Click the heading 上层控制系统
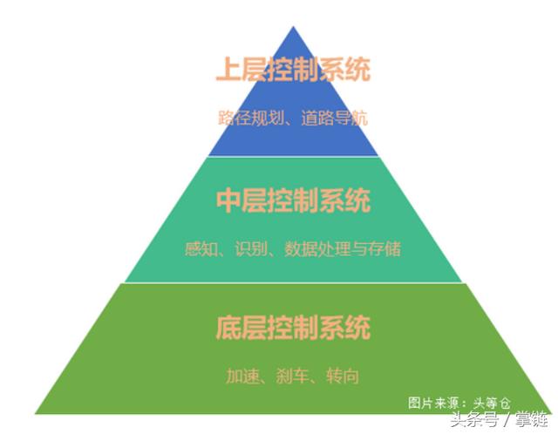point(293,70)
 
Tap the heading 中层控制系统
point(293,200)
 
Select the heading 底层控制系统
point(293,328)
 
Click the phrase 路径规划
point(250,118)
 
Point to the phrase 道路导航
point(334,118)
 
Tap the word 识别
point(251,248)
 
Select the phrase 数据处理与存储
point(343,248)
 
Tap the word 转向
point(343,376)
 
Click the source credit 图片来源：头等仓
point(459,403)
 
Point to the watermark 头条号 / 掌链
point(499,418)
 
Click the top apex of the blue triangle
point(293,26)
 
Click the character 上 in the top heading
point(228,70)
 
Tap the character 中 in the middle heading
point(228,200)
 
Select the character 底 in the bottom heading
point(228,328)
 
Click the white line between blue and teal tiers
point(293,156)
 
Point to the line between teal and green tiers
point(293,283)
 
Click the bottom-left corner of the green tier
point(35,413)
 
